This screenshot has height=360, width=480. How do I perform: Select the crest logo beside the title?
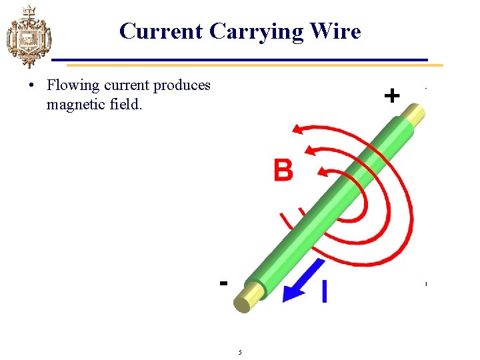pyautogui.click(x=27, y=36)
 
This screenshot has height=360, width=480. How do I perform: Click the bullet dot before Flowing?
pyautogui.click(x=31, y=86)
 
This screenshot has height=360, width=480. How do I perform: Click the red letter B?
pyautogui.click(x=283, y=170)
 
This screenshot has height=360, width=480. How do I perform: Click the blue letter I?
pyautogui.click(x=324, y=291)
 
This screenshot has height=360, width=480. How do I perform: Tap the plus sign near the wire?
pyautogui.click(x=392, y=97)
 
